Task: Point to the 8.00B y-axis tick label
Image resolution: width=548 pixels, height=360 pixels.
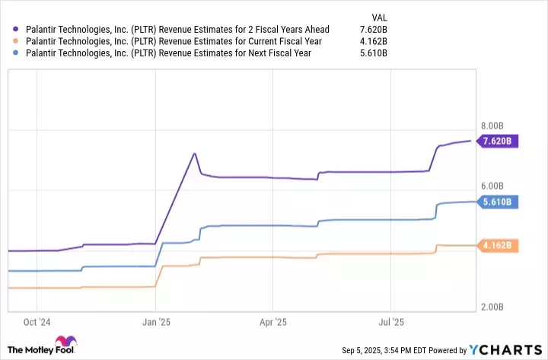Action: pos(493,125)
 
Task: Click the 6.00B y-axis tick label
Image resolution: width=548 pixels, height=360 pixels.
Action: pos(493,186)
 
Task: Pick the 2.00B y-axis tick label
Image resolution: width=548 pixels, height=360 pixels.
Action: pos(493,307)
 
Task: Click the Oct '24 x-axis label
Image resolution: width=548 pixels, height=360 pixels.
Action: pos(37,322)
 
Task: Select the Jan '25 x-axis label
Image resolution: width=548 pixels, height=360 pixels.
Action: pos(156,322)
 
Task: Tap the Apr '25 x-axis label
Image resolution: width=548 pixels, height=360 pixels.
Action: pos(272,322)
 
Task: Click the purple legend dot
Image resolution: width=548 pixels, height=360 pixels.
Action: pos(15,30)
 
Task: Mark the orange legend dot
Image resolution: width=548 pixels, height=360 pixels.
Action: pos(15,41)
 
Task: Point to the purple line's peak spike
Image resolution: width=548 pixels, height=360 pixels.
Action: pos(195,154)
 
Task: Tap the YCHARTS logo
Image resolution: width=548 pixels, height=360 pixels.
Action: pos(505,350)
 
